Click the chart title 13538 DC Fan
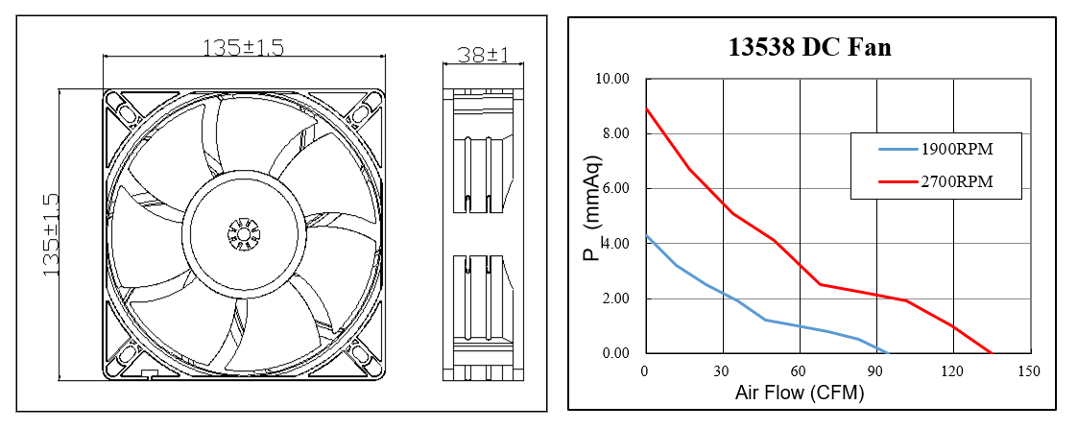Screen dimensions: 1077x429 [x=810, y=47]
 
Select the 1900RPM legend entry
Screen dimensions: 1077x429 [x=957, y=151]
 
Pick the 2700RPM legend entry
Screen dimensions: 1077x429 [x=957, y=181]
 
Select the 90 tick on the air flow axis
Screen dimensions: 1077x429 [x=875, y=371]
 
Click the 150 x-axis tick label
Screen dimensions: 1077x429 [x=1030, y=371]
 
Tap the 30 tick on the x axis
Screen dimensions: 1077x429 [x=721, y=371]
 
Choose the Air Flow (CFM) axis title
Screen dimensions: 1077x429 [x=800, y=393]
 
